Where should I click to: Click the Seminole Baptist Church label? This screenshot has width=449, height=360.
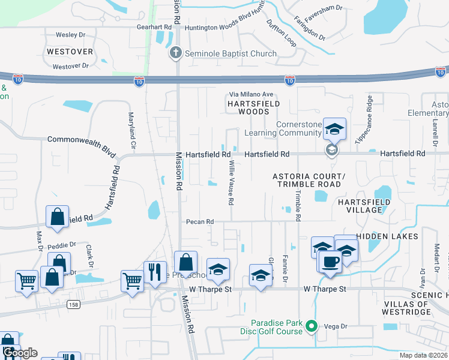pyautogui.click(x=231, y=53)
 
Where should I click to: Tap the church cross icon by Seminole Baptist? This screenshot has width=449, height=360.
pyautogui.click(x=176, y=53)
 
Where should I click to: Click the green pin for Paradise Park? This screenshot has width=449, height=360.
pyautogui.click(x=311, y=326)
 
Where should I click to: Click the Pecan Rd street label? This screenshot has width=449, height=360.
pyautogui.click(x=200, y=221)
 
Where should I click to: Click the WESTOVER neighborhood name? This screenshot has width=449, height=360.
pyautogui.click(x=69, y=52)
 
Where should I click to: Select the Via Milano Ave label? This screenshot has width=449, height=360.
pyautogui.click(x=251, y=94)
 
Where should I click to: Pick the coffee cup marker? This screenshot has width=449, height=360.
pyautogui.click(x=330, y=262)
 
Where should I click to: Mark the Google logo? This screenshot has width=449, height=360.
pyautogui.click(x=19, y=353)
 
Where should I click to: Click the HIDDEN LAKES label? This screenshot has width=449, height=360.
pyautogui.click(x=387, y=236)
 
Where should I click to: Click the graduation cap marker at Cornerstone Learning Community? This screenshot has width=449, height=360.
pyautogui.click(x=334, y=128)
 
